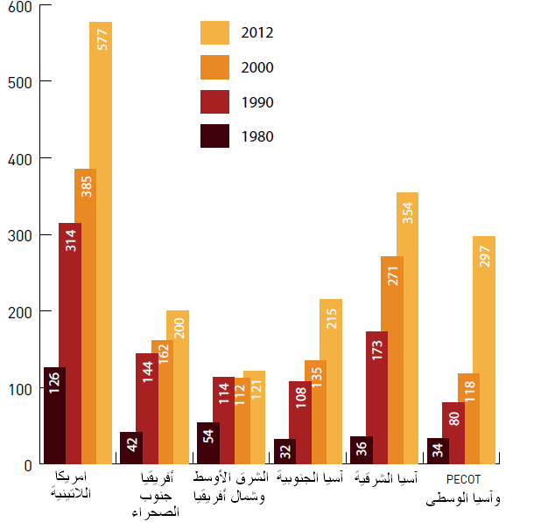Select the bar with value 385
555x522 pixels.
click(86, 315)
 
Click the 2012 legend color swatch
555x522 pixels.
click(214, 32)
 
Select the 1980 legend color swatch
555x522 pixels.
click(214, 136)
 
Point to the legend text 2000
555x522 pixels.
click(257, 67)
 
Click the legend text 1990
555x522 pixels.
click(257, 102)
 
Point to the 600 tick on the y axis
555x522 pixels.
click(18, 7)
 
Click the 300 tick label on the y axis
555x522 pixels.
click(18, 235)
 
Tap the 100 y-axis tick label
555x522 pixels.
click(18, 388)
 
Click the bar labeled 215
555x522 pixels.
click(332, 381)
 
